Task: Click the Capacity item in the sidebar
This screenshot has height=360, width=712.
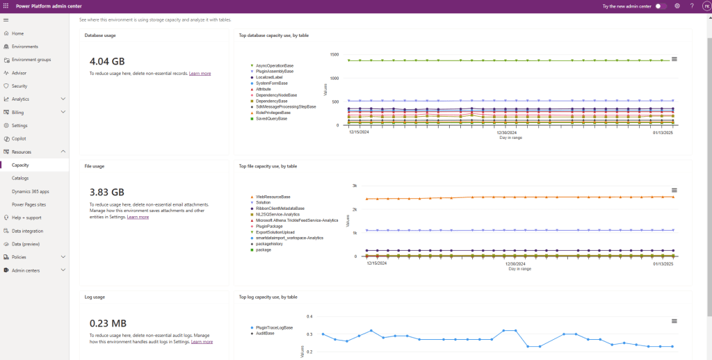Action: [20, 165]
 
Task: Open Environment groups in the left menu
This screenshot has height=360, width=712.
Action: [31, 60]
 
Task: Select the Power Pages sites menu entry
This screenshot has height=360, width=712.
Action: [29, 204]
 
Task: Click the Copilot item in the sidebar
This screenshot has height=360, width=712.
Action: [19, 138]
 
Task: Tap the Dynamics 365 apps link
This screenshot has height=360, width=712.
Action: [30, 191]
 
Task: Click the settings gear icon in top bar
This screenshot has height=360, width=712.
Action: [677, 6]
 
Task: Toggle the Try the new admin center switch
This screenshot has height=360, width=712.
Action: [661, 6]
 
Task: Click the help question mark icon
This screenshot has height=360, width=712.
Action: [692, 6]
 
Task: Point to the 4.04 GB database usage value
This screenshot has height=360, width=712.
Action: [107, 62]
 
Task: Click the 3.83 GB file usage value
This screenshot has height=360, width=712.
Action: [107, 192]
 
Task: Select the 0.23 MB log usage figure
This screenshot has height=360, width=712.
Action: [108, 323]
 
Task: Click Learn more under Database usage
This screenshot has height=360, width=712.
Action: [200, 73]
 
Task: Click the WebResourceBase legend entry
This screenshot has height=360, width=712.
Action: [273, 197]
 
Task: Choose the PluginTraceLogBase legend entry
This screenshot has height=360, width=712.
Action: [274, 327]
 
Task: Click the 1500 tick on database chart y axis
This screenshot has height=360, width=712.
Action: [334, 54]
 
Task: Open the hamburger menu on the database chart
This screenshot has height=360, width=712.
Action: [674, 59]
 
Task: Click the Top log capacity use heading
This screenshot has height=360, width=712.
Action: [268, 297]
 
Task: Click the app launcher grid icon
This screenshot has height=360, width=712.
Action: [6, 6]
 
